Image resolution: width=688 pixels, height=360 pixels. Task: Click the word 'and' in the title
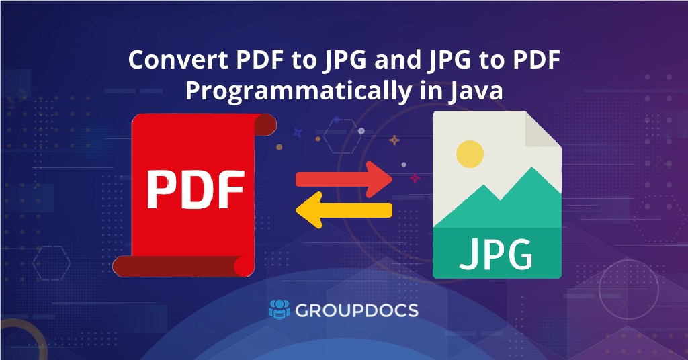[397, 61]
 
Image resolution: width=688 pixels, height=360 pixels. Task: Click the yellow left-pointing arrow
[343, 211]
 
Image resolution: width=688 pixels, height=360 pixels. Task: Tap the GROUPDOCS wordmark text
[357, 310]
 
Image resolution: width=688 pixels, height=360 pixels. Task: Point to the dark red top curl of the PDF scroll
[265, 124]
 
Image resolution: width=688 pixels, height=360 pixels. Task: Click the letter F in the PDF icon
[230, 190]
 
